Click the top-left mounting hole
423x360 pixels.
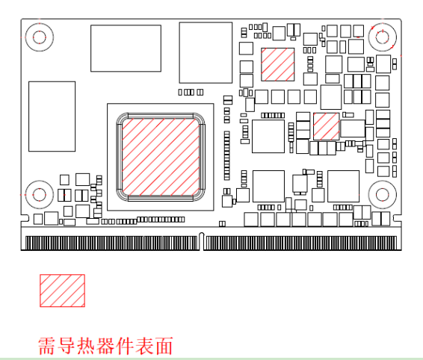point(40,37)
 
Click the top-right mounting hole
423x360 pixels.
point(382,37)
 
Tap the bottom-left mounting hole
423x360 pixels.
point(40,194)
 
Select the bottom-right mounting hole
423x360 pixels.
point(382,194)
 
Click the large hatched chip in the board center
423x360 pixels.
point(161,157)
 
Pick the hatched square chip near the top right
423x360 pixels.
point(277,64)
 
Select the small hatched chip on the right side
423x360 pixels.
point(326,126)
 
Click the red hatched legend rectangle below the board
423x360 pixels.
point(62,291)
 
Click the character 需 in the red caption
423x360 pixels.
point(48,346)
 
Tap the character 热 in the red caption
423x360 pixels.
point(87,346)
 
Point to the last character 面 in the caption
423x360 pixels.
point(164,346)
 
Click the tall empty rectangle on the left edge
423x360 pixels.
point(52,117)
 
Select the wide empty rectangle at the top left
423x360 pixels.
point(126,49)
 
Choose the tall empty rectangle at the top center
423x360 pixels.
point(206,52)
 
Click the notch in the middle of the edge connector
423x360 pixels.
point(201,240)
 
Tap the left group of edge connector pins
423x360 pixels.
point(111,243)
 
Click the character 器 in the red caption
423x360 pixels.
point(106,346)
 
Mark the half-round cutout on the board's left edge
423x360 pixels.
point(25,218)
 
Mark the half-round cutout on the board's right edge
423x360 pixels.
point(397,218)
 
